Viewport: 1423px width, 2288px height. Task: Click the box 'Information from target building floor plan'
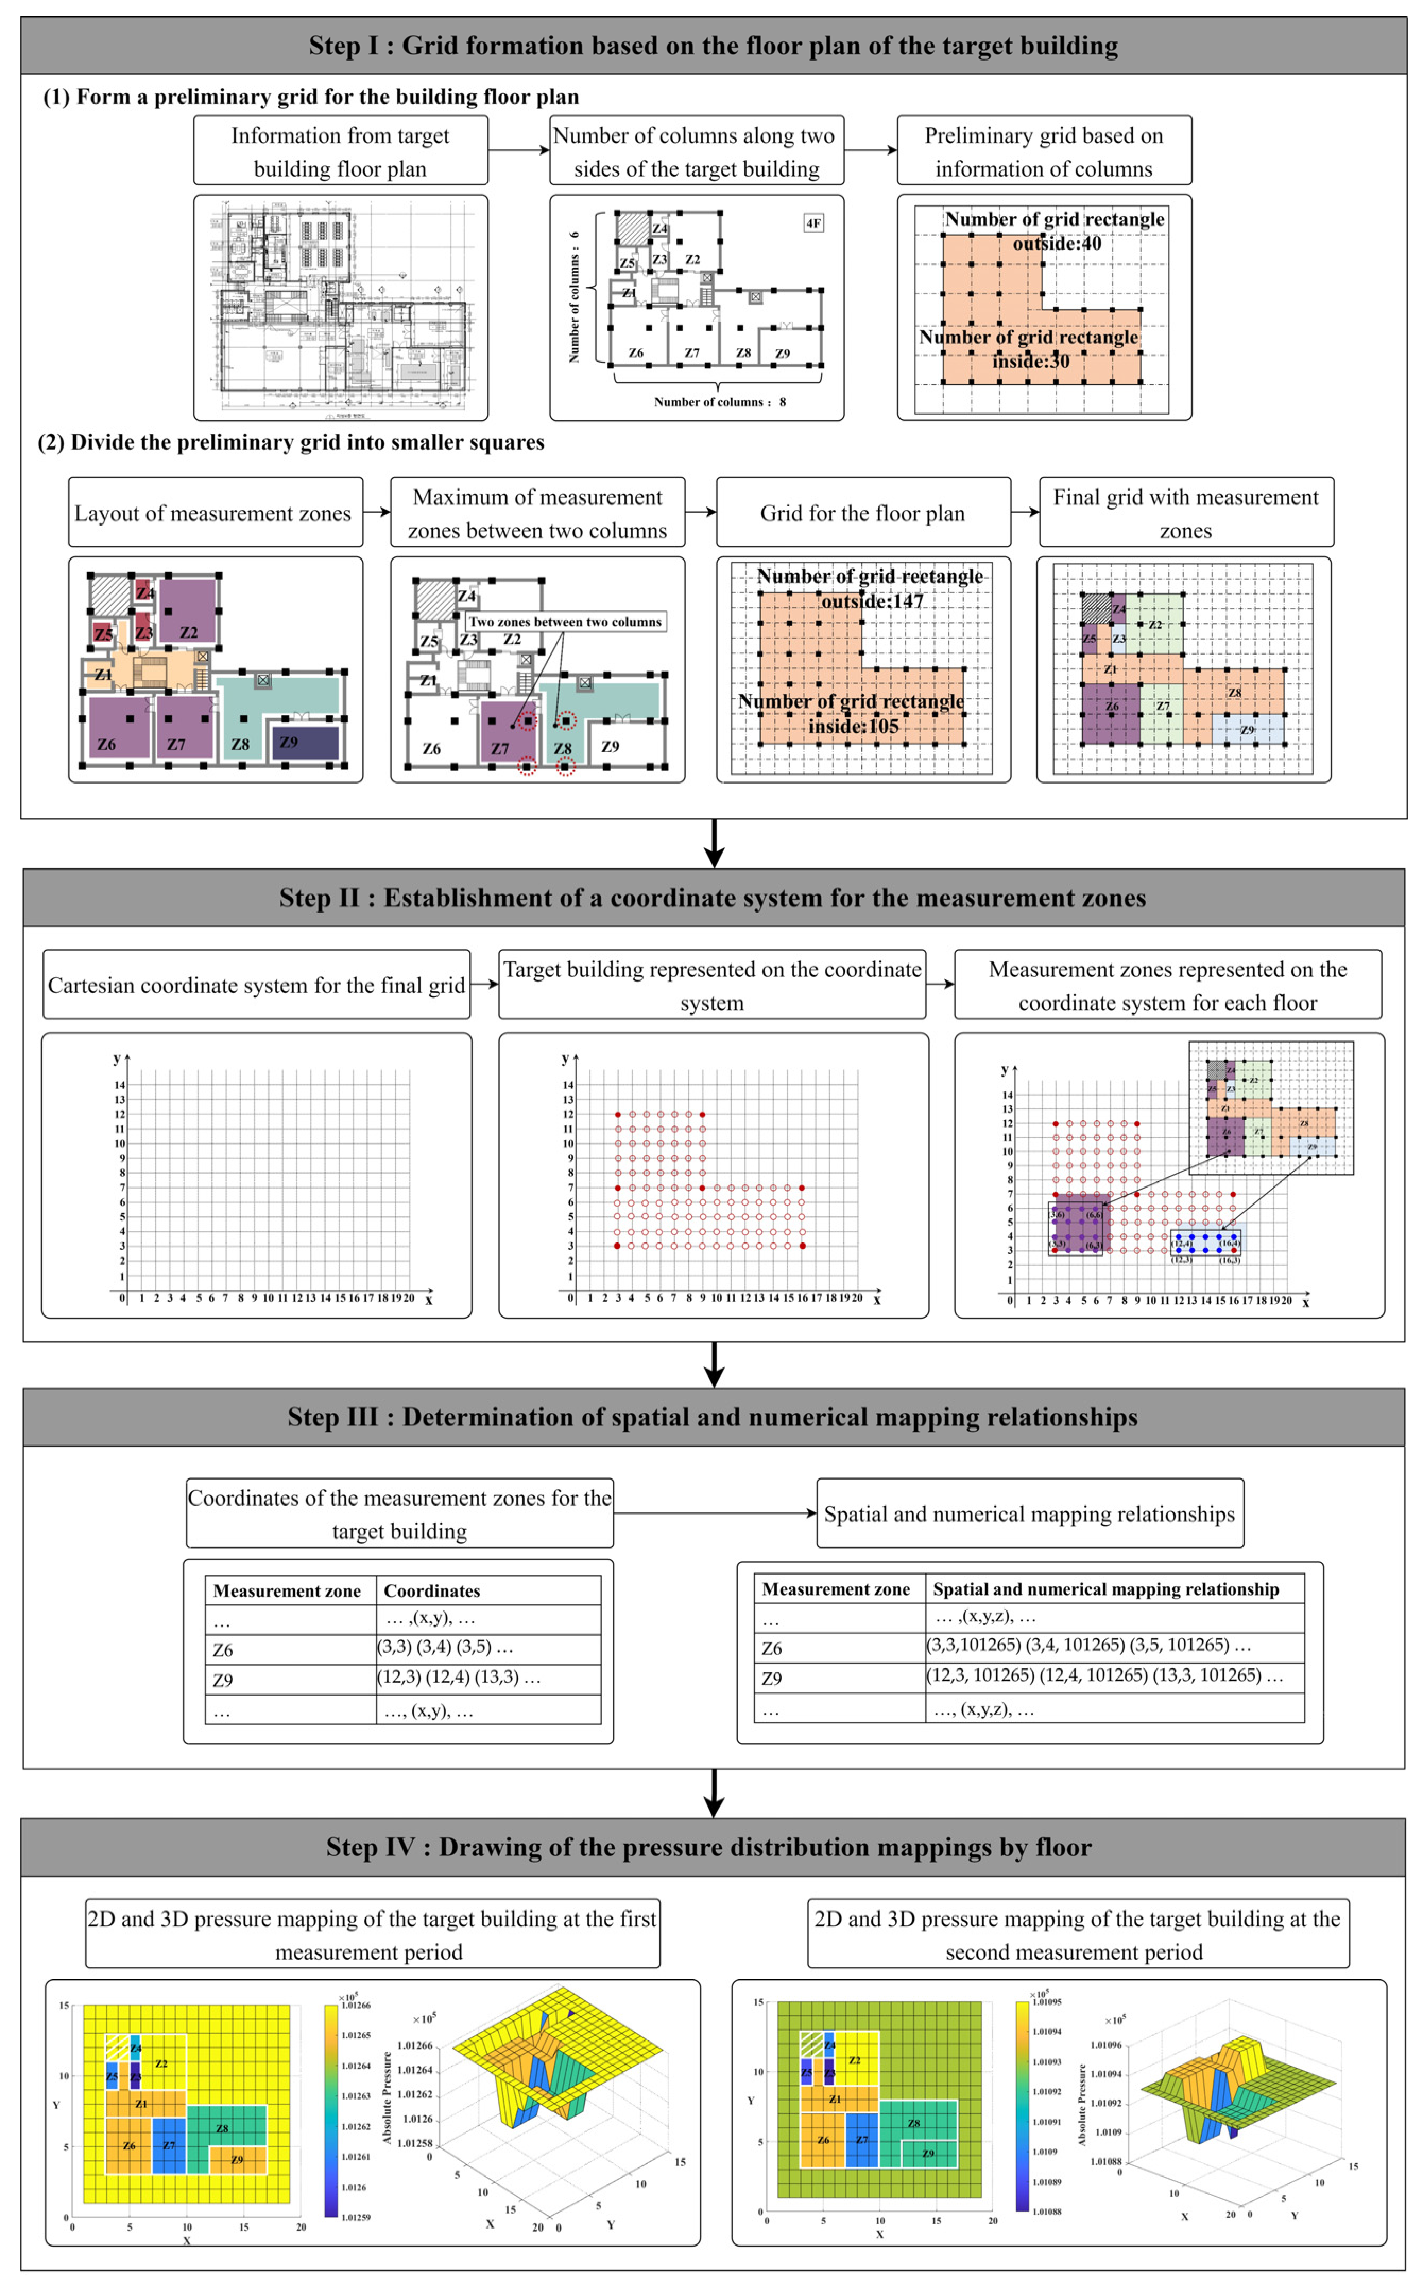click(x=341, y=151)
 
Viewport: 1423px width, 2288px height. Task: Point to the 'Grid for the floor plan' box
click(x=863, y=513)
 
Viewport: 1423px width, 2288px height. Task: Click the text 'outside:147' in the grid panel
click(x=872, y=601)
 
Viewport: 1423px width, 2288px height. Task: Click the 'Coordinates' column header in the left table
click(x=432, y=1591)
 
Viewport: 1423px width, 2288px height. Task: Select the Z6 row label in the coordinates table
click(x=223, y=1650)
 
